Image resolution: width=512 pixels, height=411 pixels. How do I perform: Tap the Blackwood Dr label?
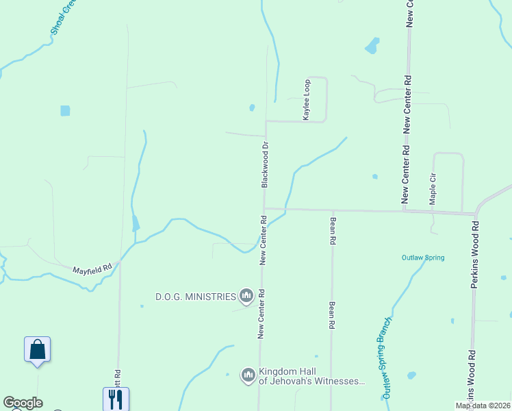click(264, 165)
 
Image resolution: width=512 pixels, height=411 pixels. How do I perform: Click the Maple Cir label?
click(433, 188)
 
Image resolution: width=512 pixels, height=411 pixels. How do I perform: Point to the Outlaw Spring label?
click(422, 258)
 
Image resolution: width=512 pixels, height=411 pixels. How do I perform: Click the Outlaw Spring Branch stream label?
click(387, 358)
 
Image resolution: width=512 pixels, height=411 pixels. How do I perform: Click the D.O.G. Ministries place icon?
click(246, 296)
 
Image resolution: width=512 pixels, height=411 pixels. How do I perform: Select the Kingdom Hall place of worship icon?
click(247, 375)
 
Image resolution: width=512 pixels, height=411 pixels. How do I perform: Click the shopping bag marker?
click(37, 349)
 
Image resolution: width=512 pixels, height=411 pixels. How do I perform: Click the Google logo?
click(23, 403)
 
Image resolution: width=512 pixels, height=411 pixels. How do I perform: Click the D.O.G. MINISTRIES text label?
click(195, 297)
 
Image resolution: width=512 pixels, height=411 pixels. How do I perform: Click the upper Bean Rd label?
click(333, 232)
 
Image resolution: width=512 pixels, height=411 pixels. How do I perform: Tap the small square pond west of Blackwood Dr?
click(65, 110)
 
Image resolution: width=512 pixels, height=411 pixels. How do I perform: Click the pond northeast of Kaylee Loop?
click(372, 46)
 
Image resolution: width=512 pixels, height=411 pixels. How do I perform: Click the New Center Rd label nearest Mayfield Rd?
click(262, 240)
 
